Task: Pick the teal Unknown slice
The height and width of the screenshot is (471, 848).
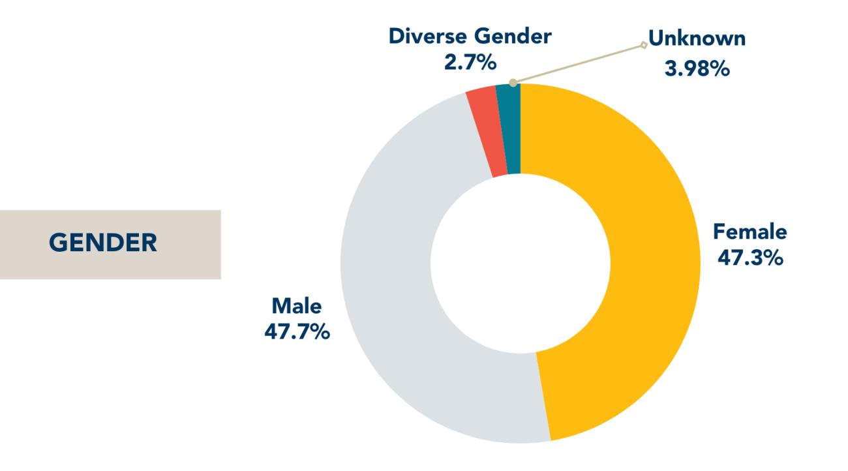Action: pyautogui.click(x=509, y=130)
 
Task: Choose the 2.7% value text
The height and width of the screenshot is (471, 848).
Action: pyautogui.click(x=469, y=64)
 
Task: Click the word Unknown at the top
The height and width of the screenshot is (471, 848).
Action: pyautogui.click(x=697, y=39)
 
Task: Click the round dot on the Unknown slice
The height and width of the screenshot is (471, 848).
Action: pyautogui.click(x=513, y=83)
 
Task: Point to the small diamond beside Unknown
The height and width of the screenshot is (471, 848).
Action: pyautogui.click(x=644, y=45)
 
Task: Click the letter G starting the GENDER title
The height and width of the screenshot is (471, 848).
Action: pyautogui.click(x=57, y=244)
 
